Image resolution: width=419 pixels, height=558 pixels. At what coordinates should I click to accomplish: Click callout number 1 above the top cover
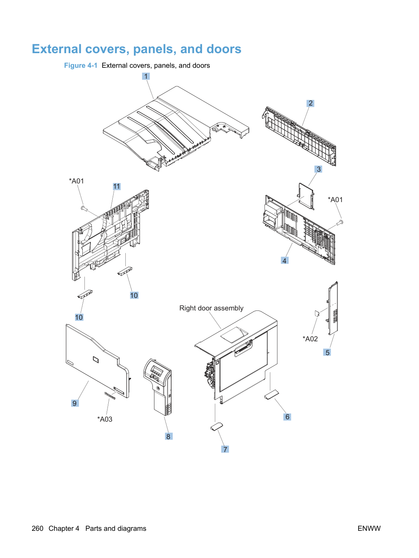146,76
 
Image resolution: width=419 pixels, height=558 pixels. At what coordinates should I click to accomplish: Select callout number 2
310,103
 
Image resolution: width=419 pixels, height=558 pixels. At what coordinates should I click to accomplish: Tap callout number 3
318,169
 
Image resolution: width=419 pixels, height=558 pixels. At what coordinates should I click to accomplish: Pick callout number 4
284,261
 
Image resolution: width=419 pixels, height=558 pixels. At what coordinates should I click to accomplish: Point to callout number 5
327,352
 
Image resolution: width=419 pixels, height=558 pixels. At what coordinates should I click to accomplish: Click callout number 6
287,417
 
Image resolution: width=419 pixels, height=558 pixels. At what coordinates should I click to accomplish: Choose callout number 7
225,449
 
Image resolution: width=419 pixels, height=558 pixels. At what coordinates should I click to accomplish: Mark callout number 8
168,437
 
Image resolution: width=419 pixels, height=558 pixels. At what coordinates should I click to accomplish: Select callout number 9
75,403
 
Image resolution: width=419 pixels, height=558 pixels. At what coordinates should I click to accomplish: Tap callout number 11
117,187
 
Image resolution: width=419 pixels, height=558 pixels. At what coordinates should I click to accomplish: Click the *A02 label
310,339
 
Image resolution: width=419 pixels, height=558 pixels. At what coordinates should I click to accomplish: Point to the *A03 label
105,419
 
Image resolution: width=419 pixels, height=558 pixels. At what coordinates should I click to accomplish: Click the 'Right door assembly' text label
211,308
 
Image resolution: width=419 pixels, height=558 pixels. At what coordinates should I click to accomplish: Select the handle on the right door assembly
243,348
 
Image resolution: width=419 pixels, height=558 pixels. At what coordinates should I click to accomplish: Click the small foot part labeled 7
217,427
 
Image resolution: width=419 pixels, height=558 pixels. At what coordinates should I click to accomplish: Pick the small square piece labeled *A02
317,313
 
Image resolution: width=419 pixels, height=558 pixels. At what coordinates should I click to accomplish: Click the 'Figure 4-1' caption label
81,66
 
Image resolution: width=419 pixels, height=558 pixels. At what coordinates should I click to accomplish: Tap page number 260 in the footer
37,528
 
